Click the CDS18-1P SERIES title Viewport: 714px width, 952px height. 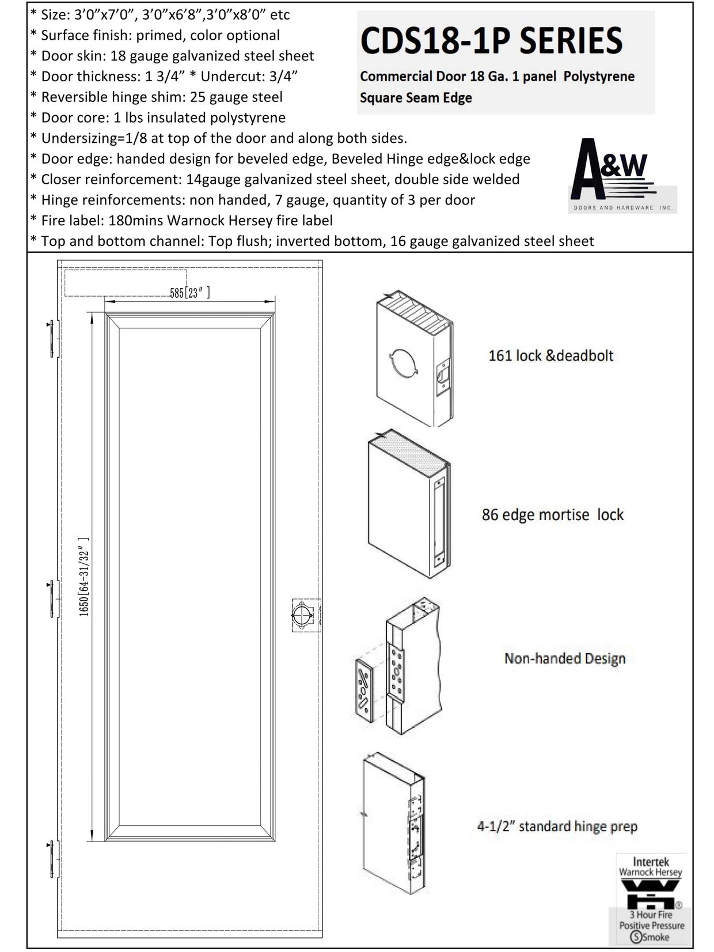click(491, 40)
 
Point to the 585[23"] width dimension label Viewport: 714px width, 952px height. click(189, 293)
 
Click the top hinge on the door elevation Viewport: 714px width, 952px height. click(54, 338)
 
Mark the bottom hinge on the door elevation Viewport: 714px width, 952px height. click(53, 859)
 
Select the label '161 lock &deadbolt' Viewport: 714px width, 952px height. click(550, 355)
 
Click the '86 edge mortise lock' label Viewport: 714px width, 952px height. click(552, 514)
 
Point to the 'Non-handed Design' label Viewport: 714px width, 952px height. click(564, 658)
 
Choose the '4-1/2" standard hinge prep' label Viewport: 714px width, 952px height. click(557, 826)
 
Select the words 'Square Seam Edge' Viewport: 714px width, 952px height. click(415, 97)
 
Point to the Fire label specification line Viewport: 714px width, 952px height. click(181, 221)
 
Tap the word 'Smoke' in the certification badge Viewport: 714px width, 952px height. click(656, 937)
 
